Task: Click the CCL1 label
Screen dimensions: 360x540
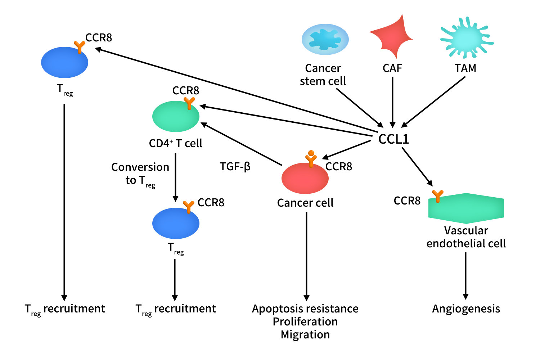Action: pyautogui.click(x=393, y=139)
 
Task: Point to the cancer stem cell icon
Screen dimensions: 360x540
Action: pyautogui.click(x=325, y=39)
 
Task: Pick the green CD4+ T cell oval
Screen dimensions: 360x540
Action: pyautogui.click(x=176, y=117)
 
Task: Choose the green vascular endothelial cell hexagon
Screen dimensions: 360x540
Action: pyautogui.click(x=466, y=208)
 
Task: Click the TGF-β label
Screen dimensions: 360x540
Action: pyautogui.click(x=235, y=167)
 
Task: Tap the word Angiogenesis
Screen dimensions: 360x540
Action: pyautogui.click(x=466, y=309)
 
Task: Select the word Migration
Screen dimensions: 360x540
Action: pyautogui.click(x=305, y=335)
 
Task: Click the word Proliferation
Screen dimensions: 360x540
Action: pyautogui.click(x=305, y=322)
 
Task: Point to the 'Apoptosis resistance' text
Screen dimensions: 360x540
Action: pyautogui.click(x=305, y=309)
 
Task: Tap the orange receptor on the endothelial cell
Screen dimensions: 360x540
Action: pyautogui.click(x=437, y=196)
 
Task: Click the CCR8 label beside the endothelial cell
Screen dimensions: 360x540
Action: pyautogui.click(x=407, y=201)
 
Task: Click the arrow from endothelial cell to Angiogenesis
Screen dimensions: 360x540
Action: pyautogui.click(x=465, y=275)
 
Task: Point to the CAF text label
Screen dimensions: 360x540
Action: pyautogui.click(x=392, y=68)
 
